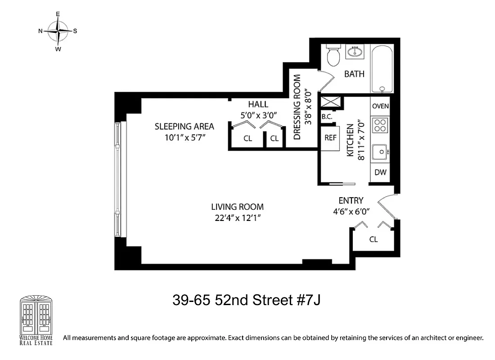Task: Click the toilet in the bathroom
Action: pyautogui.click(x=333, y=55)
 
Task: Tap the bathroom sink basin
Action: pyautogui.click(x=355, y=53)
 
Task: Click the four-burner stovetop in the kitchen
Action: pyautogui.click(x=380, y=125)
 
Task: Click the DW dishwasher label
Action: pyautogui.click(x=380, y=172)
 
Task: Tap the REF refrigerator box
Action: pyautogui.click(x=330, y=138)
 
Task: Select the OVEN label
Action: pyautogui.click(x=380, y=106)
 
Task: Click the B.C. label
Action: pyautogui.click(x=327, y=117)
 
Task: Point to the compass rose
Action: pyautogui.click(x=58, y=31)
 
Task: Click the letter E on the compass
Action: pyautogui.click(x=58, y=14)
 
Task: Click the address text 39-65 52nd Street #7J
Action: pyautogui.click(x=247, y=300)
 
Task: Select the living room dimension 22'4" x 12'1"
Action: pyautogui.click(x=237, y=218)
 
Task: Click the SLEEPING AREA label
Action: pyautogui.click(x=184, y=126)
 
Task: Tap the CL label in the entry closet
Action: pyautogui.click(x=373, y=239)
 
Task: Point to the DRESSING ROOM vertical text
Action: pyautogui.click(x=297, y=107)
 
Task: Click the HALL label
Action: pyautogui.click(x=258, y=104)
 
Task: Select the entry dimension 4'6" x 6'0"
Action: pyautogui.click(x=351, y=211)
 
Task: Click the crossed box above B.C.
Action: pyautogui.click(x=331, y=102)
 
